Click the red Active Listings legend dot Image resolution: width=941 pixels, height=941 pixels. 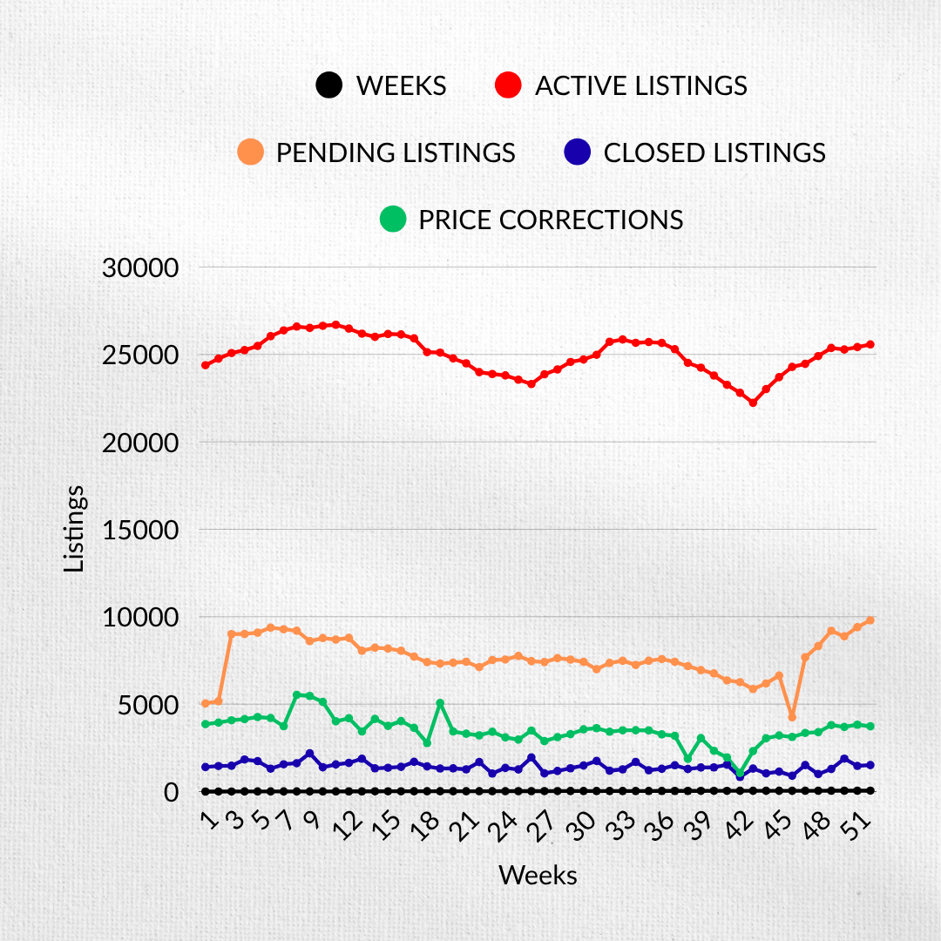point(507,85)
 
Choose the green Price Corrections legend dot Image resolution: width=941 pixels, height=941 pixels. point(393,219)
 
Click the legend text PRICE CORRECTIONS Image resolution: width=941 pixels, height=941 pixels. point(551,220)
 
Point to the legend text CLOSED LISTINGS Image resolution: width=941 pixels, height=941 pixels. point(714,152)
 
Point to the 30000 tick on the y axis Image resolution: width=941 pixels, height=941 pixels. point(140,267)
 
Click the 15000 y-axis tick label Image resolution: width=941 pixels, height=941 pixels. point(140,530)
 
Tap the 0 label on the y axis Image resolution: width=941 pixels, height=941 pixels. point(170,792)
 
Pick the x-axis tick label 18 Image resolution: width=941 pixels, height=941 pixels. point(430,825)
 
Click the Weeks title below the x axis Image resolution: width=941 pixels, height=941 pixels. point(538,875)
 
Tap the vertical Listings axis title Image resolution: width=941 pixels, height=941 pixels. point(76,529)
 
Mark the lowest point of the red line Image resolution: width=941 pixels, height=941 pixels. point(753,403)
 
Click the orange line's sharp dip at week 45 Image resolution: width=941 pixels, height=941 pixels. point(792,717)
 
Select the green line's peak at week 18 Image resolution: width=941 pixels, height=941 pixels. point(440,703)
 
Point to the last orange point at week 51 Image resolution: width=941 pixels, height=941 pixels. point(870,620)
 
